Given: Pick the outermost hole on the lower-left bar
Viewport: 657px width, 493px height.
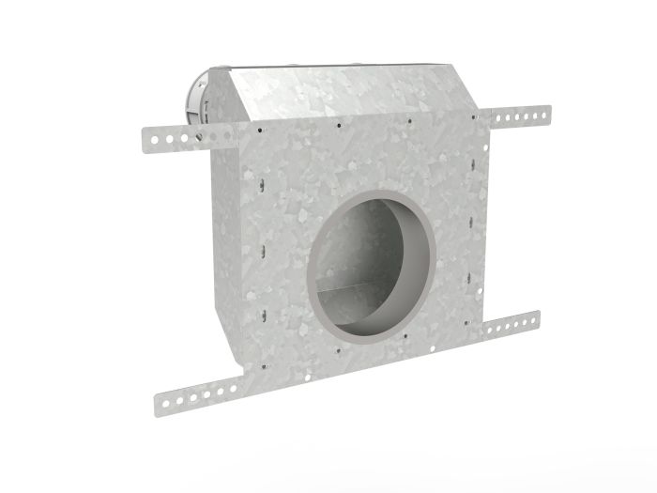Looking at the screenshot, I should click(x=166, y=402).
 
